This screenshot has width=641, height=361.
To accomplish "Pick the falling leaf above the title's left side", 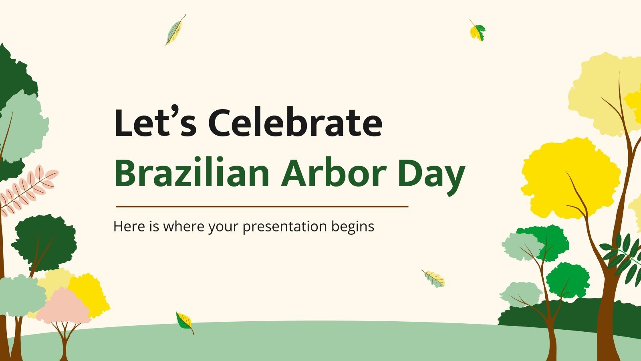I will point(175,30).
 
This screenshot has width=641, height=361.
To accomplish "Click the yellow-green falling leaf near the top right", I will point(477,30).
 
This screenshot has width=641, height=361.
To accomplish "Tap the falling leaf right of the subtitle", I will point(433,278).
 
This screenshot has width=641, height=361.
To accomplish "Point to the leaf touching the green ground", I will point(184,322).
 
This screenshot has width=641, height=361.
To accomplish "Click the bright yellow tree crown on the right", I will point(569,176).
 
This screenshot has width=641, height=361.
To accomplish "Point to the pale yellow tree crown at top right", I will point(601,96).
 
